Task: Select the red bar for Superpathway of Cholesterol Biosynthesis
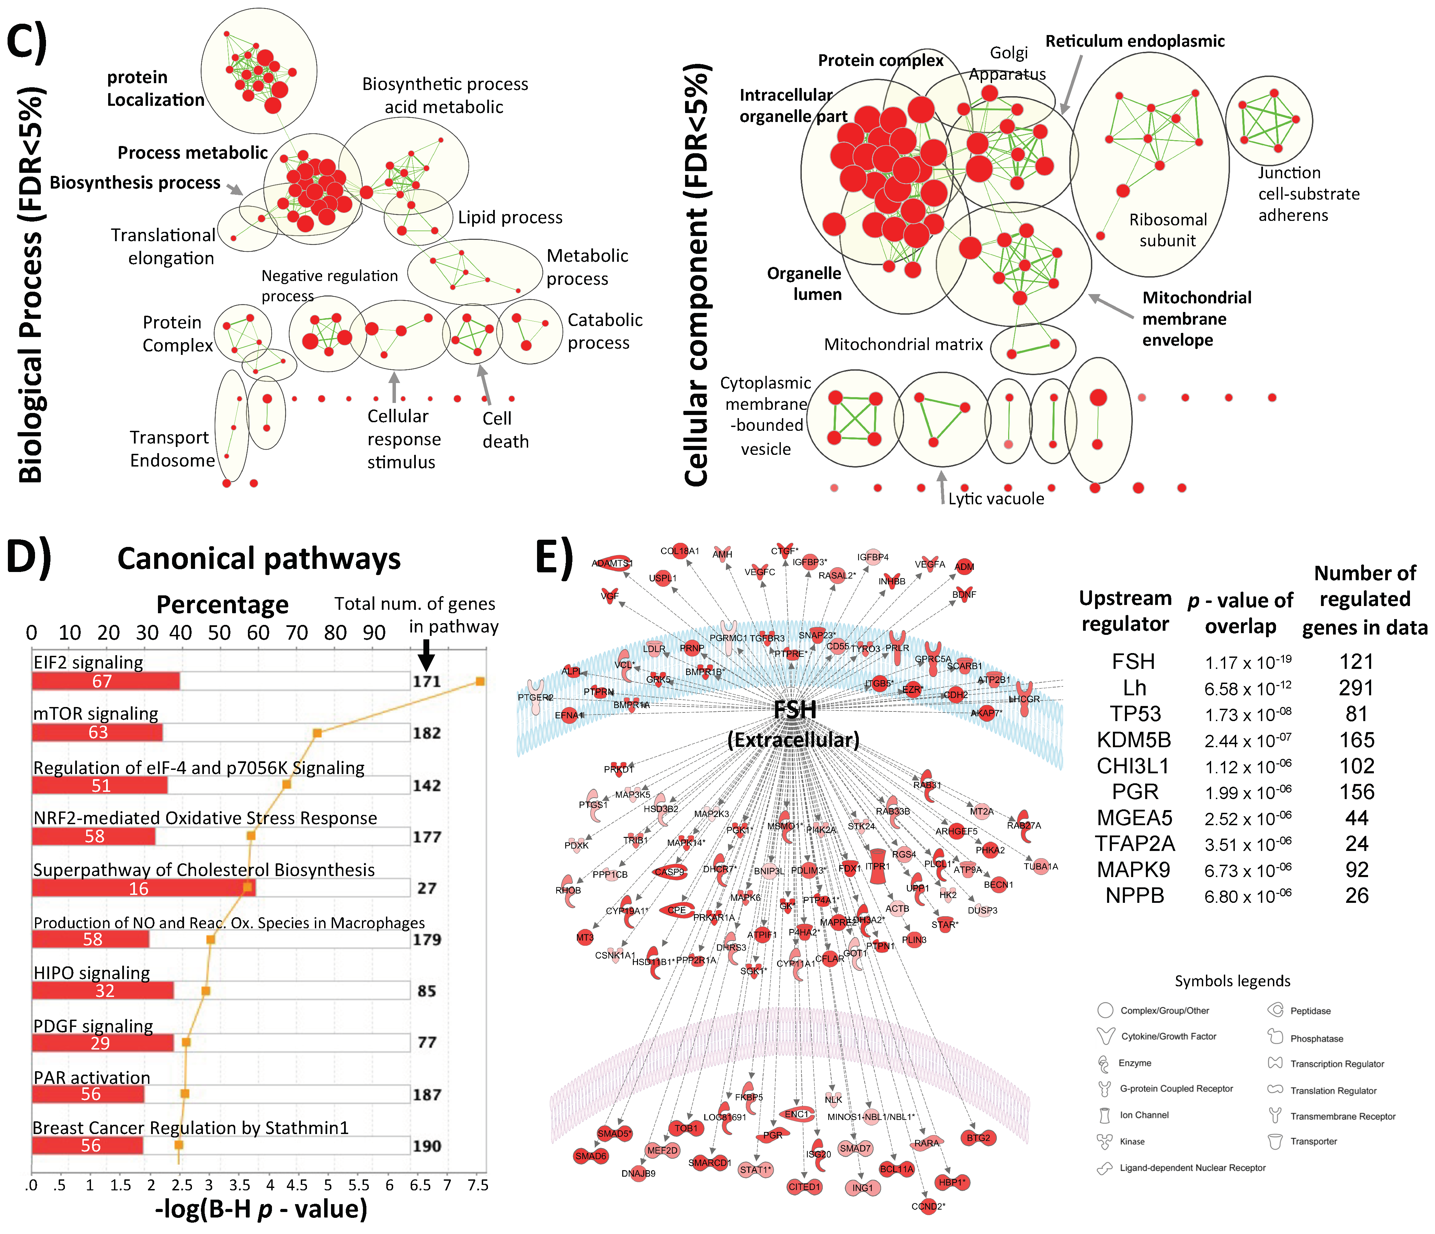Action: click(x=143, y=888)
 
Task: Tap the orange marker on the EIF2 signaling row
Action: click(x=480, y=681)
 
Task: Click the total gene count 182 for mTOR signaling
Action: click(x=426, y=733)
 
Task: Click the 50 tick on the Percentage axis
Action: click(x=219, y=632)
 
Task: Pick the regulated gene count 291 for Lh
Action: click(x=1356, y=688)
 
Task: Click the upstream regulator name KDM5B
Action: click(x=1134, y=740)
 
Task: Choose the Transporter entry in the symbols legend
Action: click(x=1313, y=1141)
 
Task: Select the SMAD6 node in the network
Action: click(x=591, y=1156)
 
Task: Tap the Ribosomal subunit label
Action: click(x=1168, y=230)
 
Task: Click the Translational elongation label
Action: click(x=164, y=247)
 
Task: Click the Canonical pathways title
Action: click(x=259, y=559)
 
